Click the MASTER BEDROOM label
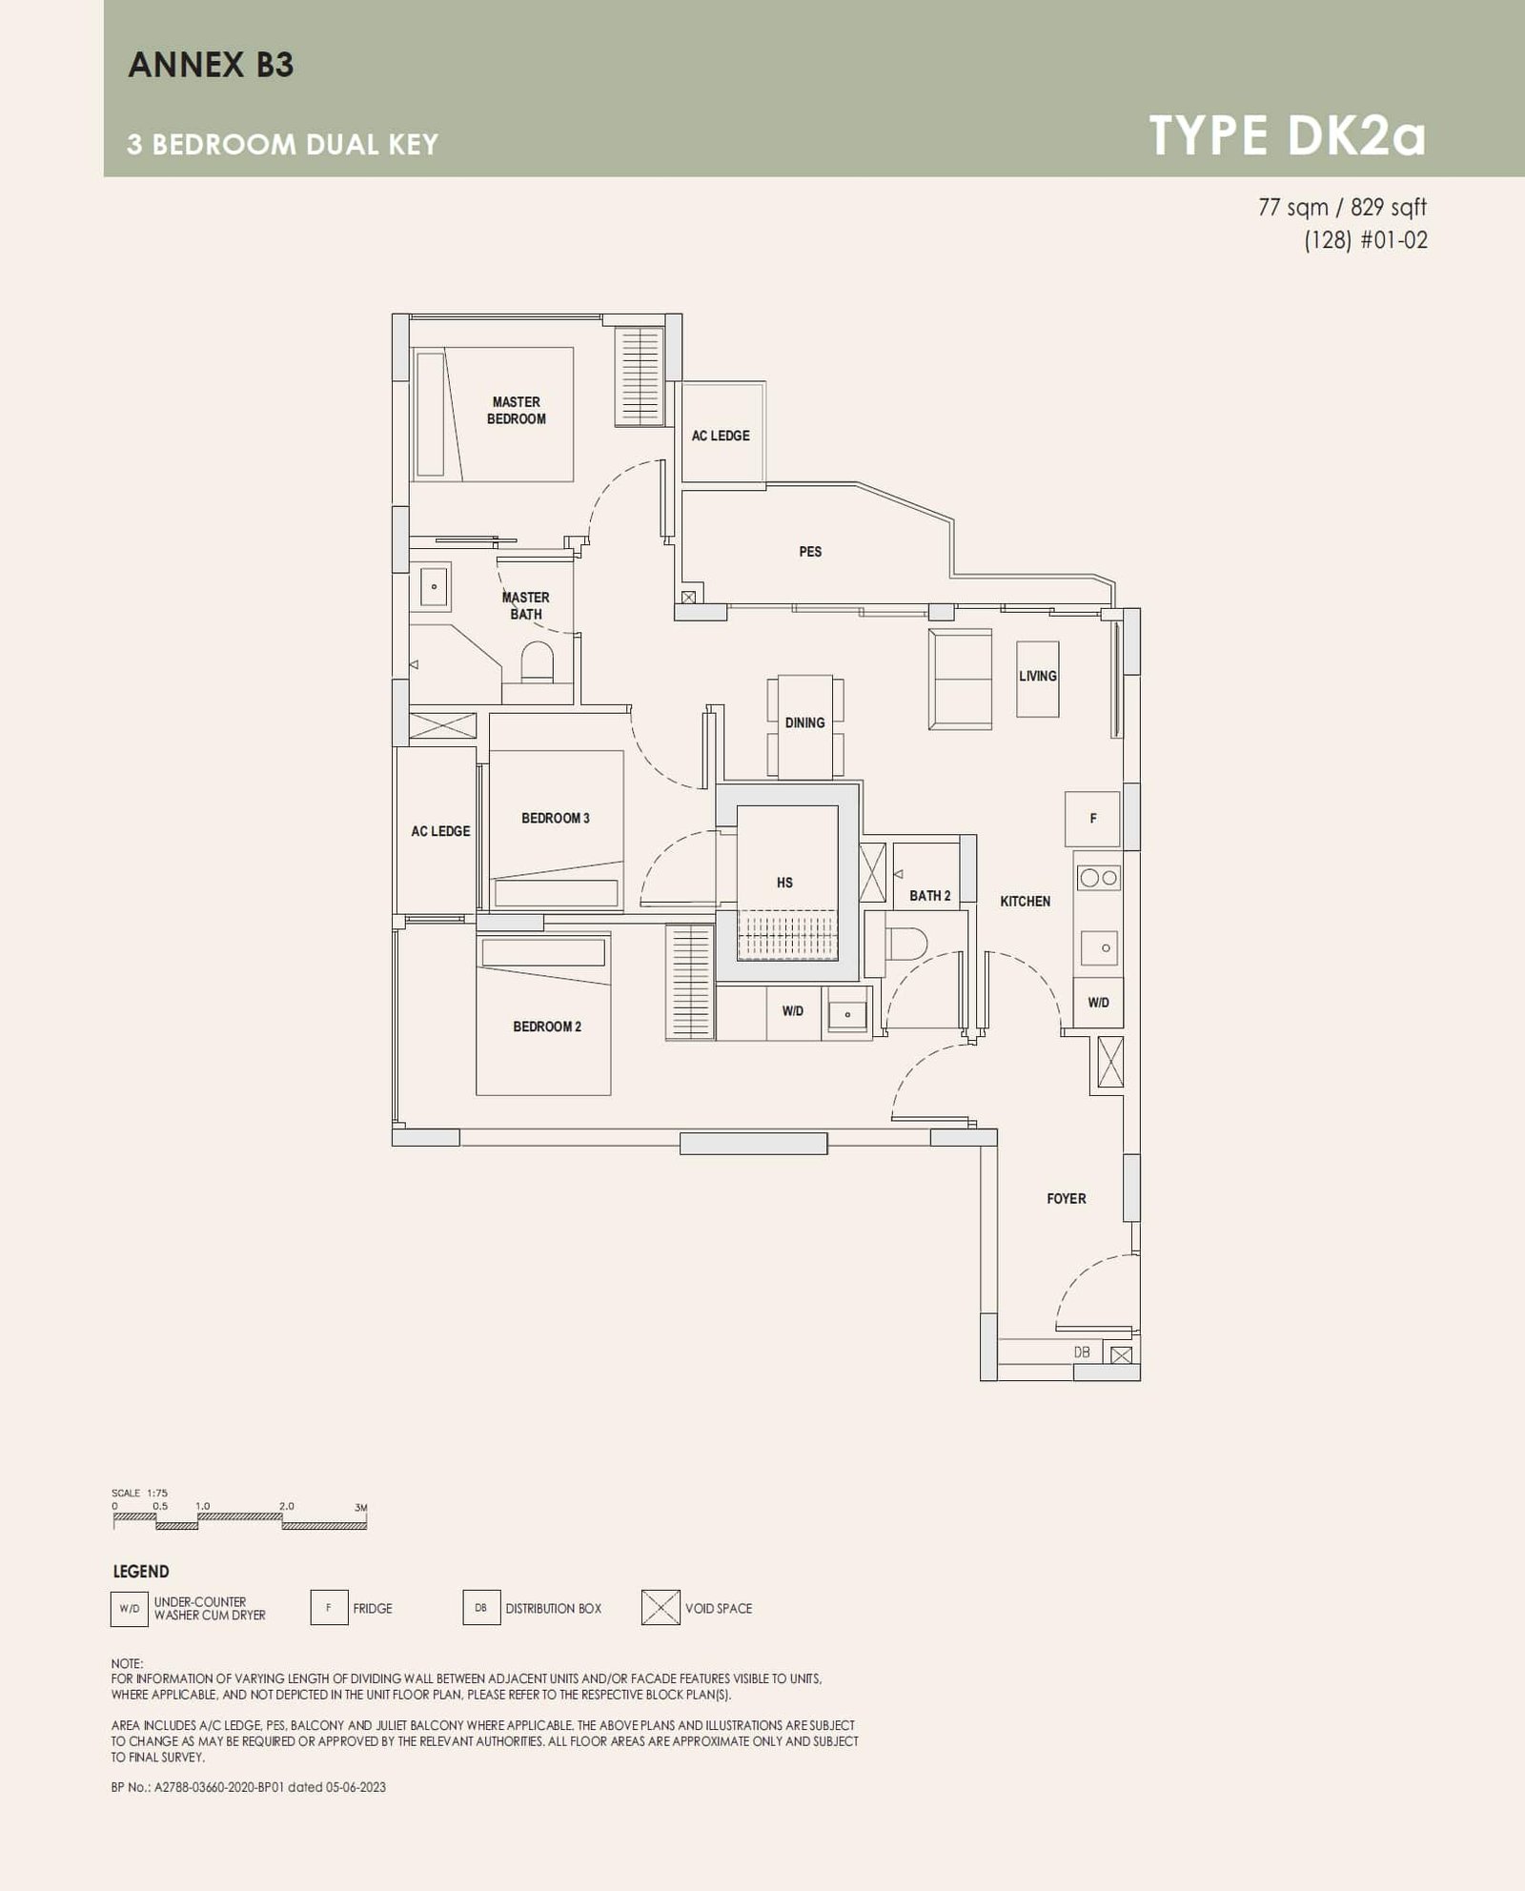pos(516,411)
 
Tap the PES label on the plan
pos(810,552)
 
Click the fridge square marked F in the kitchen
pos(1092,819)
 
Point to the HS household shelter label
pos(784,883)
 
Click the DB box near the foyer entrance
pos(1082,1352)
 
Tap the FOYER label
pos(1066,1199)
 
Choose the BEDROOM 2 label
pos(547,1027)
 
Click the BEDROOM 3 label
pos(556,818)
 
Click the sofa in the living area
pos(960,679)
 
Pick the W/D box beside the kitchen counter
pos(1098,1003)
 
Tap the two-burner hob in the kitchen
pos(1098,878)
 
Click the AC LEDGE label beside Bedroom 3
pos(440,831)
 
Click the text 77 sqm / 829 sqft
pos(1342,207)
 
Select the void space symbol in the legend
pos(661,1608)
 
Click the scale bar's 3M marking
pos(361,1508)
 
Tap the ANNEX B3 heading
pos(211,65)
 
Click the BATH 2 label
pos(929,896)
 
